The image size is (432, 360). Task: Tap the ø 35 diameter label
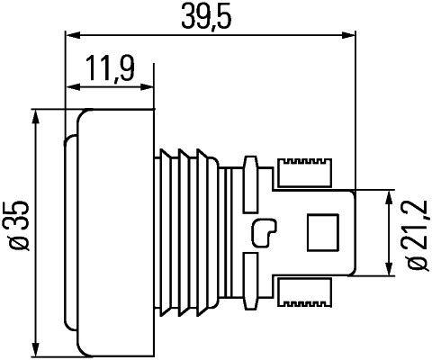click(x=15, y=232)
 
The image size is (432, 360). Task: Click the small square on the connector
click(x=320, y=232)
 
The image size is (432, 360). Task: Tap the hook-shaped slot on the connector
click(x=267, y=232)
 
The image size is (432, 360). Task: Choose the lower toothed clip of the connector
click(x=306, y=292)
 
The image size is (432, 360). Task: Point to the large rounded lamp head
click(x=112, y=232)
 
